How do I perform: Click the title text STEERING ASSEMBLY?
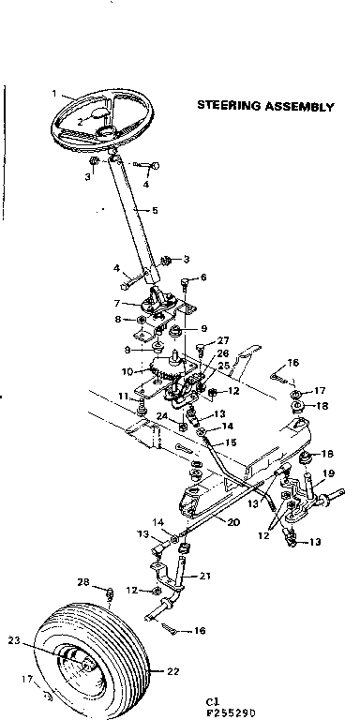coord(265,106)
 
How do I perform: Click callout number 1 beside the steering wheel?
coord(55,94)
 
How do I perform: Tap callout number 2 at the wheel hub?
coord(82,121)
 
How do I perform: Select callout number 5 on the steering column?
coord(155,211)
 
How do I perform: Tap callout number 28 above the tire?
coord(83,582)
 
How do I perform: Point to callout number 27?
coord(223,340)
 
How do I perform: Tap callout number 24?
coord(160,417)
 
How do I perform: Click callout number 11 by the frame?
coord(122,397)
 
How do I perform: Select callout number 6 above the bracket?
coord(203,277)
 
